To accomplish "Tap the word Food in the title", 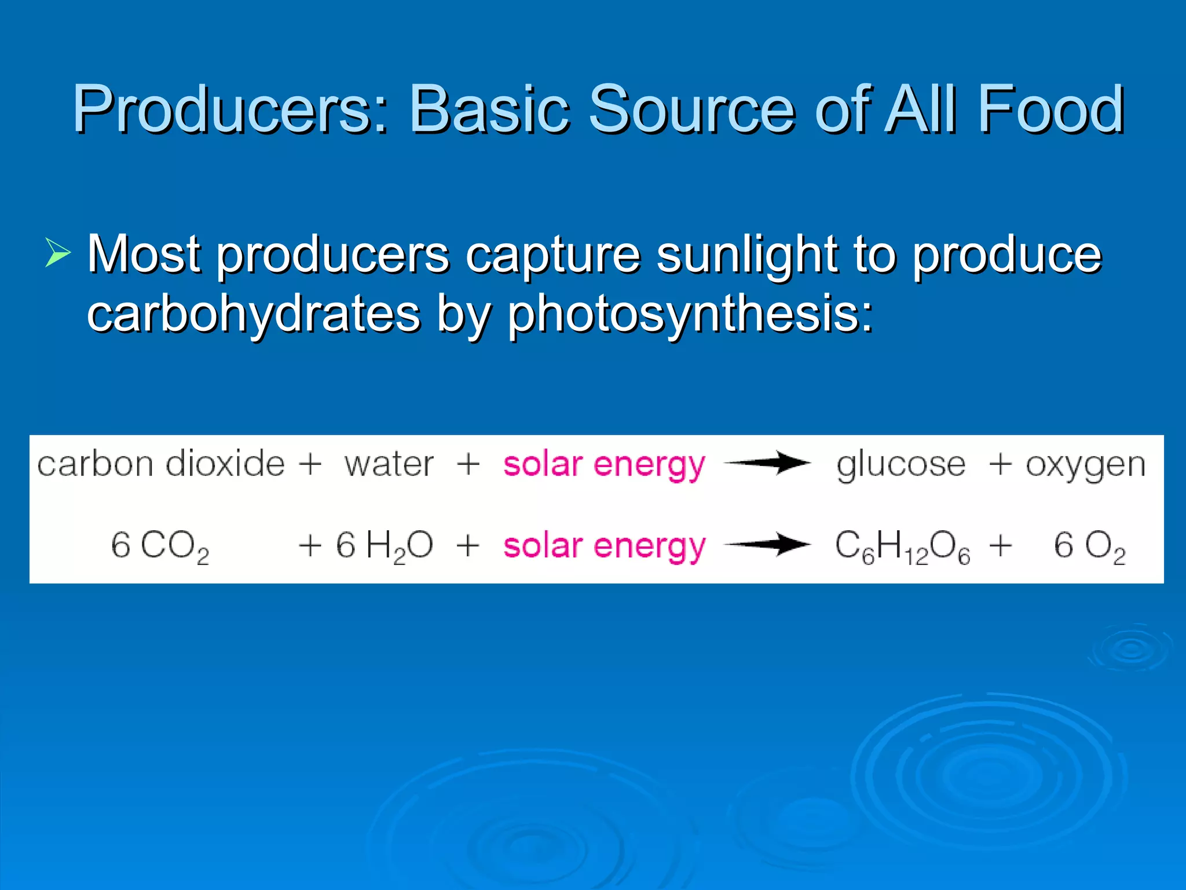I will [x=1050, y=109].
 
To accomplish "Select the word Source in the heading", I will [x=692, y=109].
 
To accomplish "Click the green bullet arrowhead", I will [x=57, y=254].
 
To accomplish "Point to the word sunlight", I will [x=746, y=255].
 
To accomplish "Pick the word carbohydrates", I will [x=254, y=314].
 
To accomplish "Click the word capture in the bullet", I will [x=553, y=255].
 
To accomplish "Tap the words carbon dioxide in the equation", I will [x=161, y=464].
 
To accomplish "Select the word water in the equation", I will [x=389, y=464].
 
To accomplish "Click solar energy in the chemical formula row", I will [x=604, y=546].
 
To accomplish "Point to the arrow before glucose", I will [x=767, y=463].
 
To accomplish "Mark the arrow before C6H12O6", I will [x=767, y=545].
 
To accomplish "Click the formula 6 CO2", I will [x=160, y=546].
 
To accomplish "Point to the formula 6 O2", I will [x=1089, y=546].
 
